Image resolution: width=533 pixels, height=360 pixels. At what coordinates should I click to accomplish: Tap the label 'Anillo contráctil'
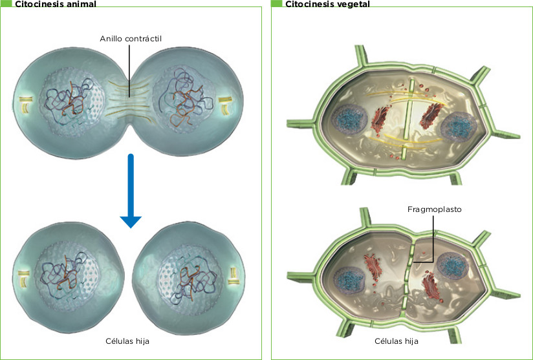click(x=130, y=39)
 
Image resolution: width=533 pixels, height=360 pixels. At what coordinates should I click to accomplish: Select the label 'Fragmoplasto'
click(x=434, y=209)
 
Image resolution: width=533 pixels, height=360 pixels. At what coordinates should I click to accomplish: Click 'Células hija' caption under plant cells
click(x=397, y=341)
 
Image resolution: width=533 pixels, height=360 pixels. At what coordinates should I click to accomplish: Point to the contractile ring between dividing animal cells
click(x=131, y=100)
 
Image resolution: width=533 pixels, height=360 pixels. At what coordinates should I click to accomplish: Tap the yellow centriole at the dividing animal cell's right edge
click(x=224, y=104)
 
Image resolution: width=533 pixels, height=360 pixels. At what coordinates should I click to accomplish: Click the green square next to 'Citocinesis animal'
click(x=6, y=4)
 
